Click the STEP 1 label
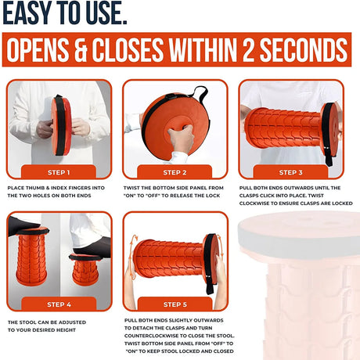point(59,172)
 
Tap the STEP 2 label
point(175,172)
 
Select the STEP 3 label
point(291,172)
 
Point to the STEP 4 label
point(59,304)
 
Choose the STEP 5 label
point(175,304)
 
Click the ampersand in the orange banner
point(81,49)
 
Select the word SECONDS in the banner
point(304,49)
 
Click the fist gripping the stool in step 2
point(181,139)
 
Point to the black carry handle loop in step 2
point(201,95)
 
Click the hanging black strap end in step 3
point(328,157)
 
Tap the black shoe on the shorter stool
point(92,247)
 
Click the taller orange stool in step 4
point(32,256)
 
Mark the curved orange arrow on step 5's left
point(132,257)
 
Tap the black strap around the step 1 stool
point(60,125)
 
